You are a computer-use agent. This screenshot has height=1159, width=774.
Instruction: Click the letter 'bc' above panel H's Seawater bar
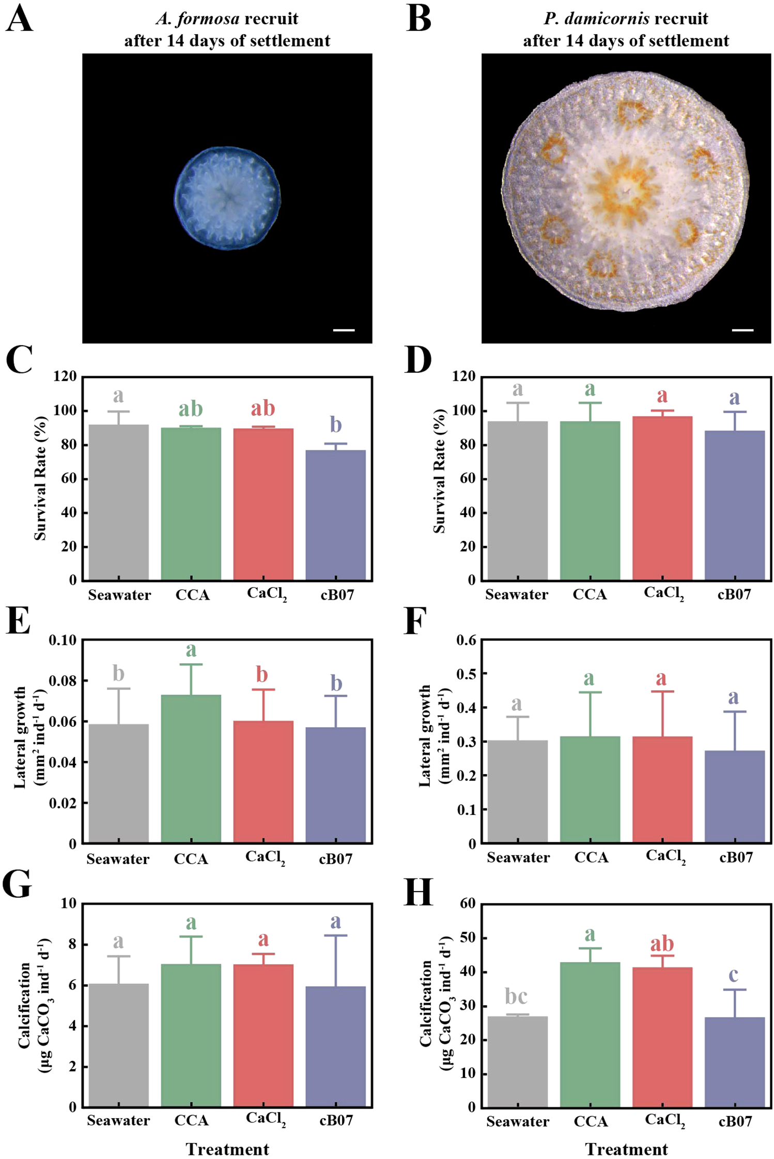(x=516, y=996)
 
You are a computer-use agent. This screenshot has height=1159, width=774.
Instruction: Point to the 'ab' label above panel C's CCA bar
(x=191, y=409)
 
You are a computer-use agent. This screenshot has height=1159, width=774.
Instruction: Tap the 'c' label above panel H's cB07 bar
(x=733, y=974)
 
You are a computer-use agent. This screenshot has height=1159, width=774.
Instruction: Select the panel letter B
(x=419, y=20)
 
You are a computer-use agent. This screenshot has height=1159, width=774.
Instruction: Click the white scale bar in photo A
(x=344, y=330)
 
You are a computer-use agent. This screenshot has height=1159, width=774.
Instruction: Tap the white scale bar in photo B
(x=742, y=330)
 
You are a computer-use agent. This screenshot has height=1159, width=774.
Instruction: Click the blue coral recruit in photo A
(x=227, y=198)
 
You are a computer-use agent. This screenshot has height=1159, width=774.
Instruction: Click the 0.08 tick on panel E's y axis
(x=63, y=681)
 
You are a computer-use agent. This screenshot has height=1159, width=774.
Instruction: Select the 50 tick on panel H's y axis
(x=468, y=937)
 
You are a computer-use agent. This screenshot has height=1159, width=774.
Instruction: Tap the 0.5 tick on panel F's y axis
(x=467, y=674)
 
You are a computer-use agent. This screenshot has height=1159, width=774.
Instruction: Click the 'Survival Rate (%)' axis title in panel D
(x=439, y=471)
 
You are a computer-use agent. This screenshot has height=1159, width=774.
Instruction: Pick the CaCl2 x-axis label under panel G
(x=266, y=1119)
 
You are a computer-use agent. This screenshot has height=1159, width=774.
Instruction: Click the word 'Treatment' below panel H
(x=626, y=1149)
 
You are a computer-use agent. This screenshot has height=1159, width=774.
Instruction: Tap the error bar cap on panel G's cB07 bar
(x=335, y=935)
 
